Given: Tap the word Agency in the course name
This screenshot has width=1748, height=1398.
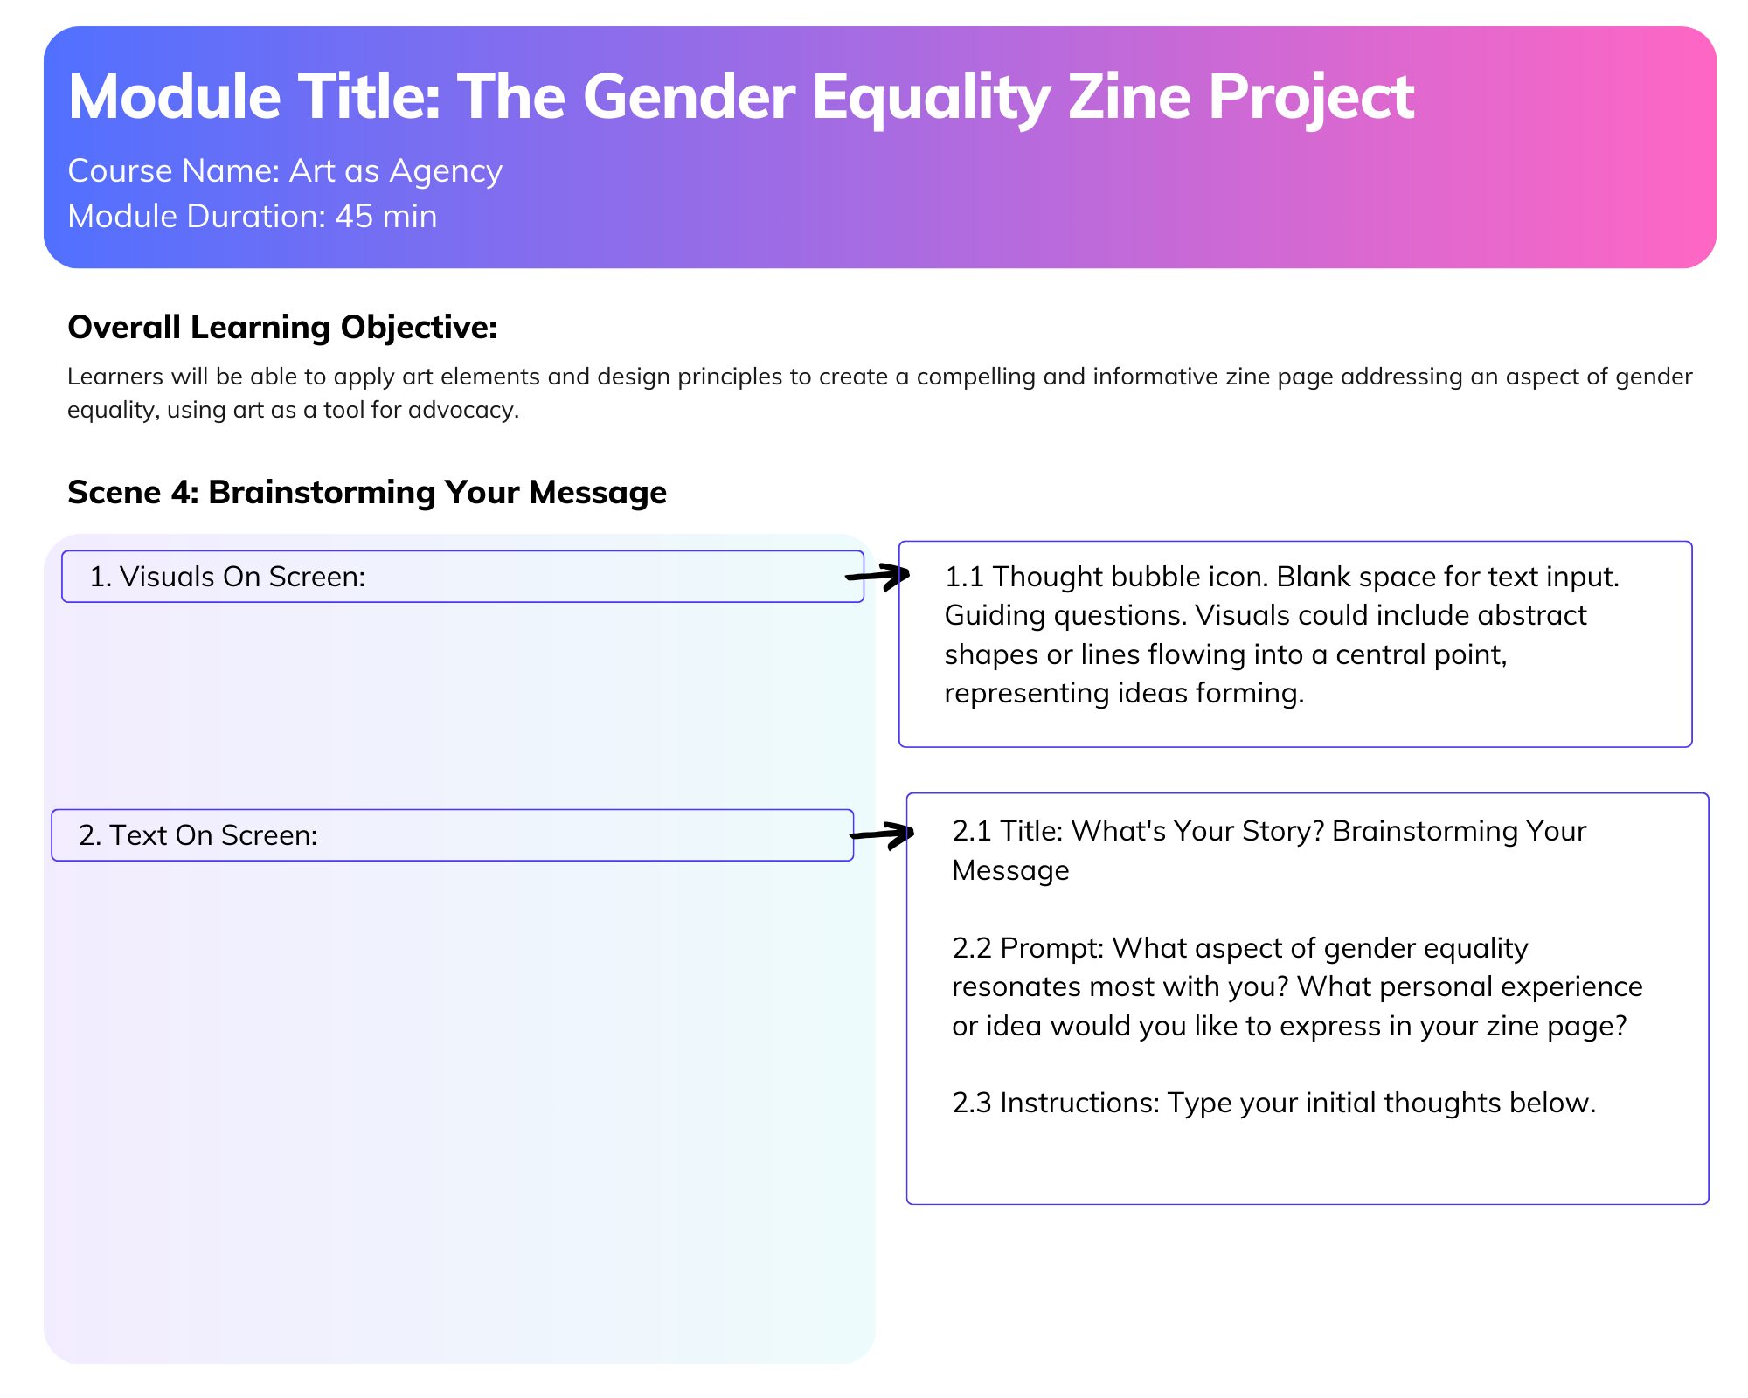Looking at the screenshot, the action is click(446, 172).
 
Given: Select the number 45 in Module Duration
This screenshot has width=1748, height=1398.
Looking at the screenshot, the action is click(354, 217).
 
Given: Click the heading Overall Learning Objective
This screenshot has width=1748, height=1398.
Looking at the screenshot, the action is click(282, 328).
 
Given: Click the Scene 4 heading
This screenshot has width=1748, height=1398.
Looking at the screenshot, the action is click(367, 493).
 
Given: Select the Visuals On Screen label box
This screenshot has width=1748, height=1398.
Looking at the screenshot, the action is click(462, 577).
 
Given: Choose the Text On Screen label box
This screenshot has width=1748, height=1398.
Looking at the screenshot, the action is click(452, 835).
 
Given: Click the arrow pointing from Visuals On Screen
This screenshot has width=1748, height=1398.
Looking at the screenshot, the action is click(877, 576).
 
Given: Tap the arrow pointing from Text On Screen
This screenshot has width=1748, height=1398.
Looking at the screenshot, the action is click(882, 834).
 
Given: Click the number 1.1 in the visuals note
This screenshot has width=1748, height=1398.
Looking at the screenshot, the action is click(964, 578).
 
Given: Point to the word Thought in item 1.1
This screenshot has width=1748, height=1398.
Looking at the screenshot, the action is click(1046, 578).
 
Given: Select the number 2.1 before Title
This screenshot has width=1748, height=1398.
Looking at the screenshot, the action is click(972, 831).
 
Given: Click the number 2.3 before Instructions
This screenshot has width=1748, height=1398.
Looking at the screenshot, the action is click(972, 1104).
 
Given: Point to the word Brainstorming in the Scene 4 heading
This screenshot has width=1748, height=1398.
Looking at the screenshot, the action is click(321, 493).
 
